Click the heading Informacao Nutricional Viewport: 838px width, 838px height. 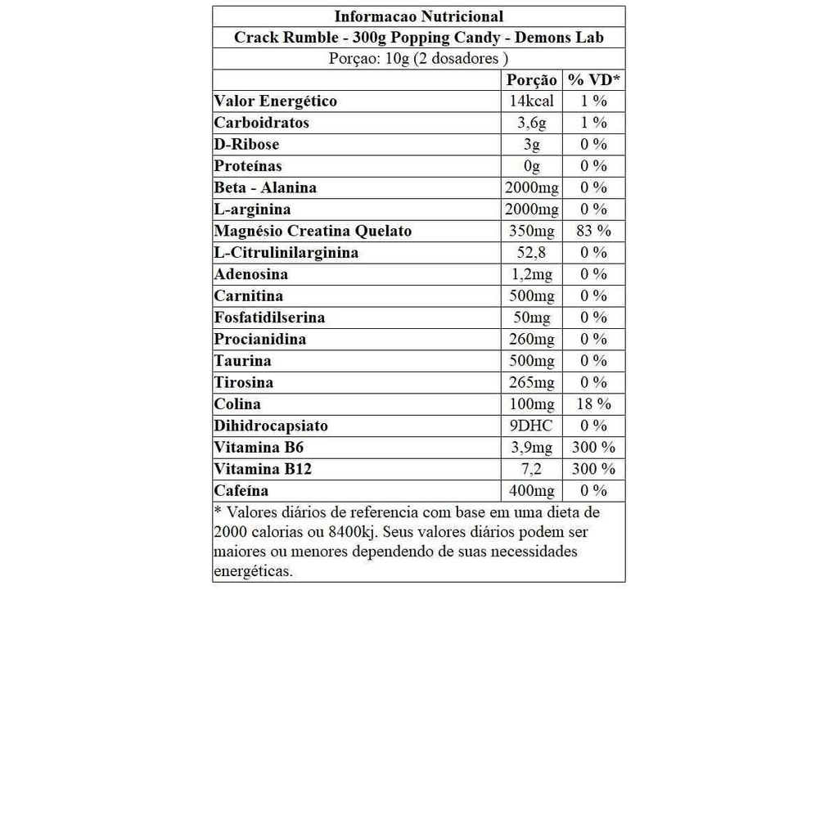click(418, 16)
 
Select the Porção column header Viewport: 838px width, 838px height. click(531, 80)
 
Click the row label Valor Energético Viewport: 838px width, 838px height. click(275, 101)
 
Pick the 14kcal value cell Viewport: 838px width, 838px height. click(531, 101)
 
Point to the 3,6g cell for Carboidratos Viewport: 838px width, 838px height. click(531, 123)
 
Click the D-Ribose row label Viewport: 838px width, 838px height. click(246, 145)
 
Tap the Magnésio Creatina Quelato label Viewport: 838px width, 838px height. click(313, 231)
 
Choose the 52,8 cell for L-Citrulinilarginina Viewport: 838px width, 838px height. click(531, 253)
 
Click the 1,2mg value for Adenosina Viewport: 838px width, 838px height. click(531, 274)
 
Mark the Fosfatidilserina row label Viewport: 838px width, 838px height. click(269, 318)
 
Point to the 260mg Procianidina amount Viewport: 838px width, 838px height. click(531, 339)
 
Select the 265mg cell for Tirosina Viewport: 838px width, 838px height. click(531, 382)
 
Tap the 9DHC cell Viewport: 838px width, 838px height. click(531, 426)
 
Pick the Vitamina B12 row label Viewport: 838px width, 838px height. click(263, 469)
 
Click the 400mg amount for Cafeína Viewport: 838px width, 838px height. click(531, 491)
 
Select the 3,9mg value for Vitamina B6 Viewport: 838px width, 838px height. click(531, 448)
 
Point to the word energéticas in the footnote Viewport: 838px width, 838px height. click(253, 571)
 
